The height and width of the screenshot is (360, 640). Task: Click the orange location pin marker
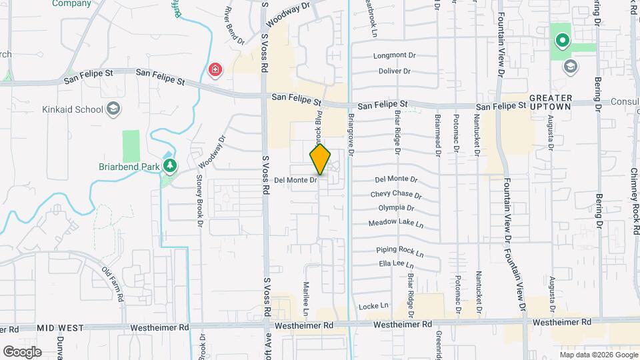[320, 160]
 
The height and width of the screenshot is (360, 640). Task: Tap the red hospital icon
[215, 69]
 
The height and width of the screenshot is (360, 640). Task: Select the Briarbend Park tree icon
[170, 165]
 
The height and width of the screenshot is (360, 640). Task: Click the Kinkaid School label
[72, 109]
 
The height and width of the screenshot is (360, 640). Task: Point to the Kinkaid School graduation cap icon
[114, 109]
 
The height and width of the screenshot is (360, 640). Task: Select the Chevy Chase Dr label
[396, 195]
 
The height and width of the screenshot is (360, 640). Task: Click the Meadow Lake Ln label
[396, 222]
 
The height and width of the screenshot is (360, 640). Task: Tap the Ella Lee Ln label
[393, 264]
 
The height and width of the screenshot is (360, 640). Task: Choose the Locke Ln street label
[373, 306]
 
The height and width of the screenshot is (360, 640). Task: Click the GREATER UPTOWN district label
[551, 102]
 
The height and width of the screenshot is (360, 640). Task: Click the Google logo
[22, 351]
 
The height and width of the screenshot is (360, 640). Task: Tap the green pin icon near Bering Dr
[561, 41]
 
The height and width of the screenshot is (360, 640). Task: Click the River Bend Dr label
[235, 25]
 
